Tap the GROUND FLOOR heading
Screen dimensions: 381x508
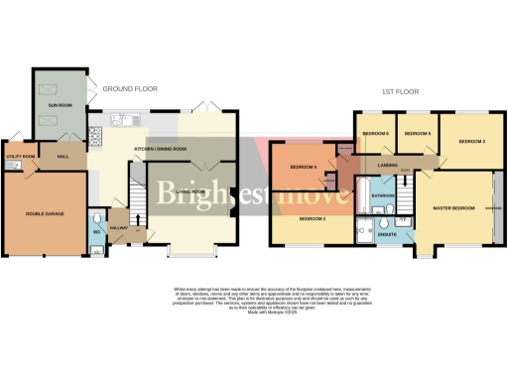point(130,88)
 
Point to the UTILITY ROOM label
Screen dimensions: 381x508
point(21,157)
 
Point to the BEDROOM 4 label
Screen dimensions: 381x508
point(303,167)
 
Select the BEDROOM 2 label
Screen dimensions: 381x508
point(314,217)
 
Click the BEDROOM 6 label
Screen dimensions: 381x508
point(374,133)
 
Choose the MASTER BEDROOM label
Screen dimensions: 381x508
point(453,207)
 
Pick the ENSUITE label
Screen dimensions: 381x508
point(388,234)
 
